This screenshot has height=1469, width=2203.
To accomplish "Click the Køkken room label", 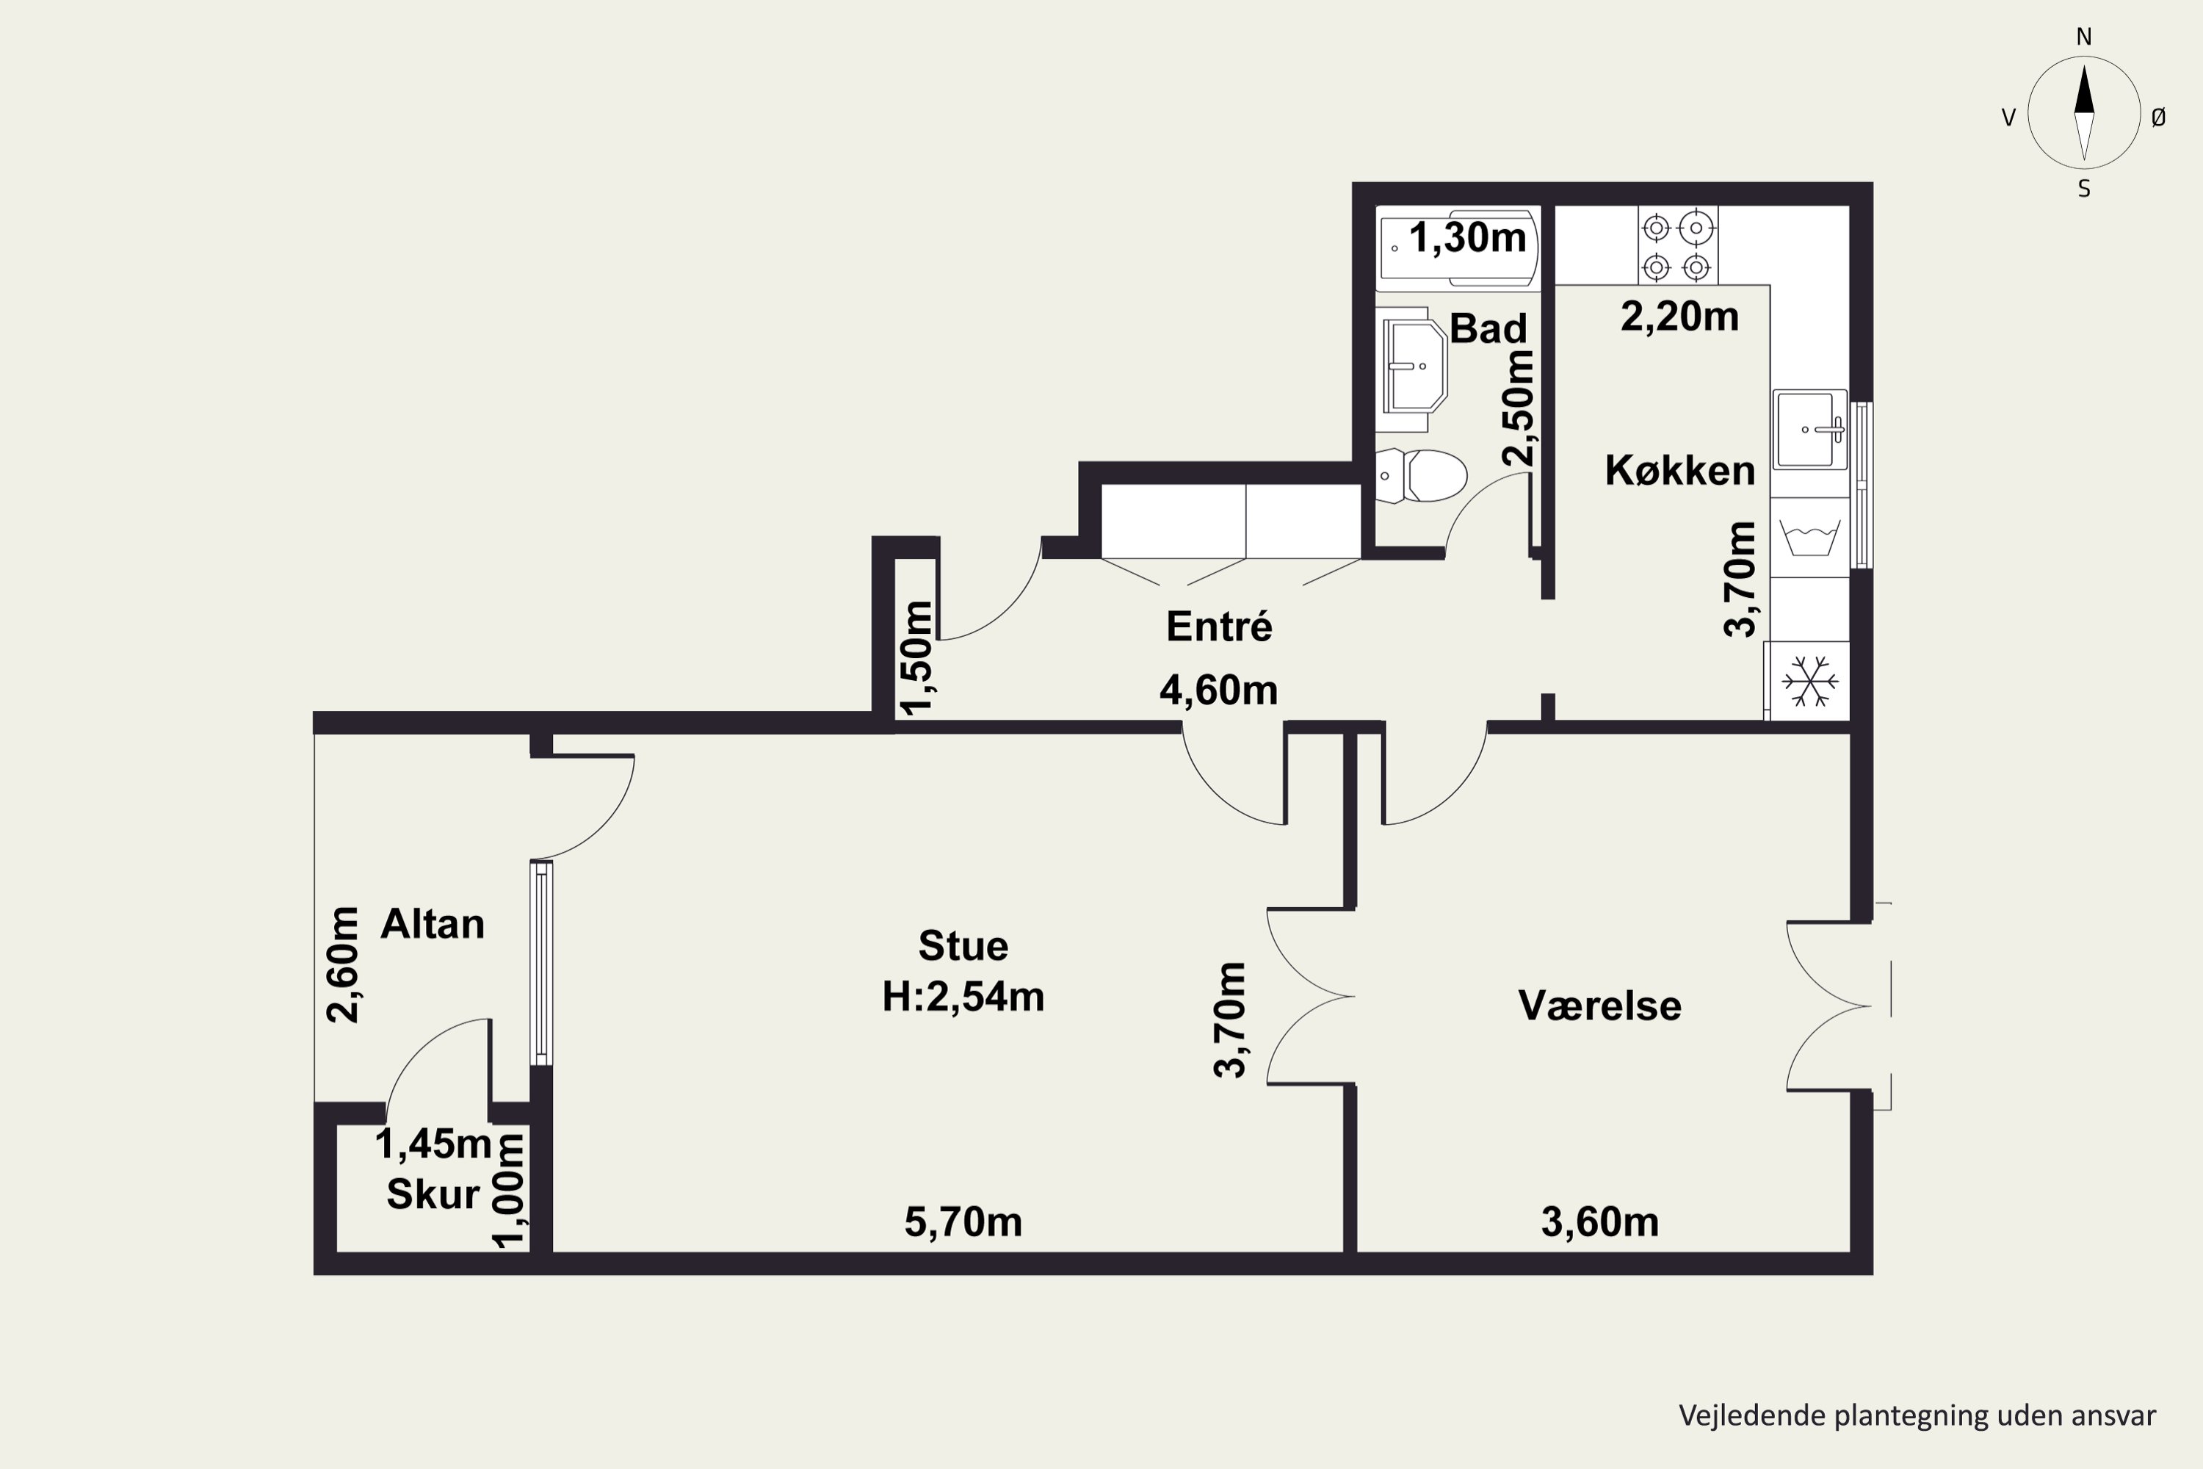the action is (1679, 470).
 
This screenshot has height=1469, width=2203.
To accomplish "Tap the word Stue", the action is (963, 946).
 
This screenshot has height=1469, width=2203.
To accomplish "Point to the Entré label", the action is (1218, 626).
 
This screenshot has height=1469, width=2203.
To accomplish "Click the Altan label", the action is (432, 925).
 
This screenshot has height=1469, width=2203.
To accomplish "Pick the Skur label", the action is (433, 1194).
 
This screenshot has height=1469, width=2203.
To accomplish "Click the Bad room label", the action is (1488, 328).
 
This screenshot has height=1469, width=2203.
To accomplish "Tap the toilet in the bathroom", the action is (1421, 475).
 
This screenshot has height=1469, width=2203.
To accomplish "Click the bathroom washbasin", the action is (1415, 367).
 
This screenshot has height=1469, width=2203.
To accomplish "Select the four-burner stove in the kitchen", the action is (1677, 245).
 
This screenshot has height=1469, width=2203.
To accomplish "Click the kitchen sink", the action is (1809, 429).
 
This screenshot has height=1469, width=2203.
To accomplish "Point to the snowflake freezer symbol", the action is (1809, 681).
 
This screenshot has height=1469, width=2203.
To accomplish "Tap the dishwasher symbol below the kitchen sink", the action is (1809, 538).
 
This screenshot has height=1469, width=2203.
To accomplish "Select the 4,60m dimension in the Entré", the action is (1218, 690).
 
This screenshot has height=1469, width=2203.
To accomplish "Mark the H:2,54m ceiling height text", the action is (963, 997).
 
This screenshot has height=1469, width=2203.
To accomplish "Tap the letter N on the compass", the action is (2084, 37).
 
